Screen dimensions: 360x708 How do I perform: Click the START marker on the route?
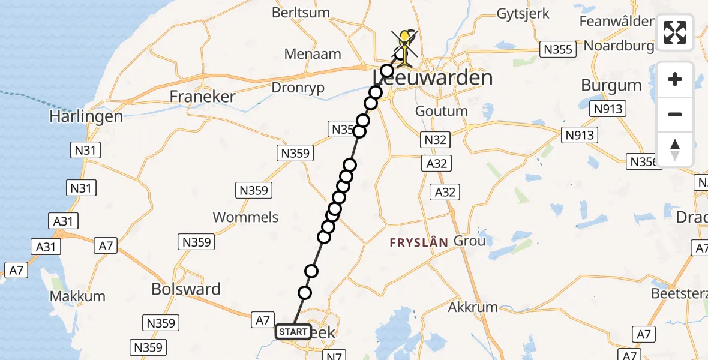293,332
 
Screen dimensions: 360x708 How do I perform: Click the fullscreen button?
675,32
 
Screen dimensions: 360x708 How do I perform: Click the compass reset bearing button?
675,149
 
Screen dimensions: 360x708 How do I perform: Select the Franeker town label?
202,96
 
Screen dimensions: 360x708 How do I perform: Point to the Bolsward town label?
186,289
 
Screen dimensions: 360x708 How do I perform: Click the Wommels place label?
245,217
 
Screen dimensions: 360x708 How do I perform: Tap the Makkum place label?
77,296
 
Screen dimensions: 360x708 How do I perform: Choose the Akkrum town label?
473,307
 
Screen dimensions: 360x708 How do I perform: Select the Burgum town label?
611,85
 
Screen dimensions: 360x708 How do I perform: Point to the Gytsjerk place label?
523,14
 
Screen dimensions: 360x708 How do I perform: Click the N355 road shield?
557,49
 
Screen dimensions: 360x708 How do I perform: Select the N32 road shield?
435,140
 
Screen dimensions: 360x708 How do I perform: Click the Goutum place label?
442,111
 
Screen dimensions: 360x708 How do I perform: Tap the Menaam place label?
313,53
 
